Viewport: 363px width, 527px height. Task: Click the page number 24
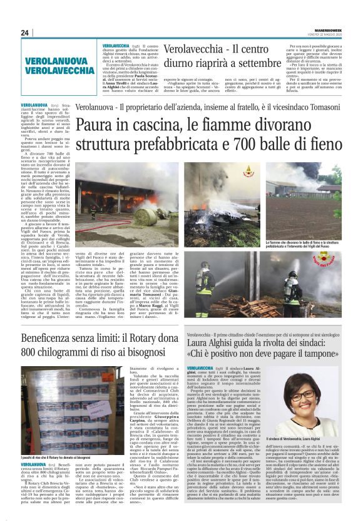[24, 33]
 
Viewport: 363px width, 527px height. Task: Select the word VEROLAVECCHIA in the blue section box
[59, 70]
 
